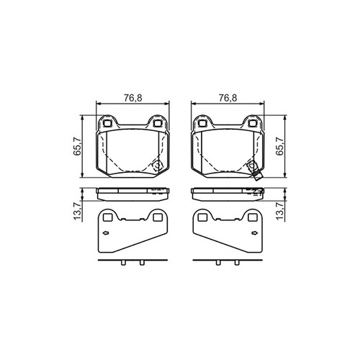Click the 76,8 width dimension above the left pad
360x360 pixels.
pos(133,98)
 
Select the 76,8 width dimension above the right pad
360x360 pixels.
pos(228,98)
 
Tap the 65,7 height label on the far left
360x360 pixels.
pos(78,146)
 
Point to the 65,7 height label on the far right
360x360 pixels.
pos(279,146)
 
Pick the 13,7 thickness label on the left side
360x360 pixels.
pos(78,211)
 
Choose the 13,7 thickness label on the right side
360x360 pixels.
pos(279,211)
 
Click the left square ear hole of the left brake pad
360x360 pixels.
pos(107,123)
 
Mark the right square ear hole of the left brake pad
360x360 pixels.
pos(158,123)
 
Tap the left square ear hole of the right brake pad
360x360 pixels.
pos(202,123)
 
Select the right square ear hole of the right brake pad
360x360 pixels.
pos(253,123)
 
